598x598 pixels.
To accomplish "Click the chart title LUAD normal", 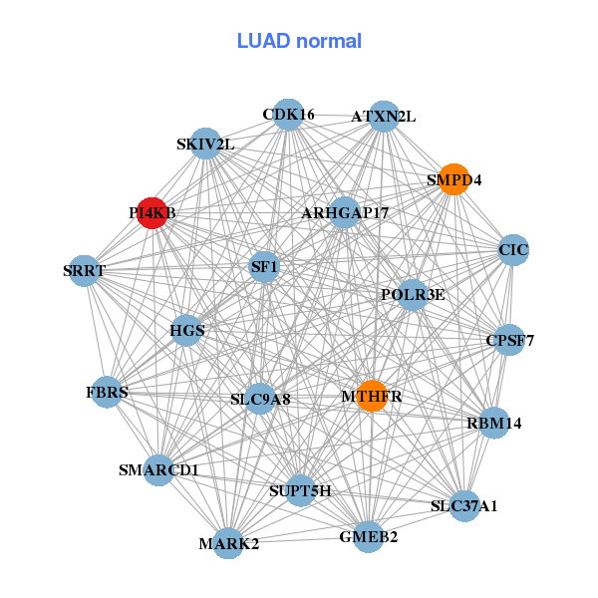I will click(x=299, y=41).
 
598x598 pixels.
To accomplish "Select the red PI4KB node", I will click(x=151, y=212).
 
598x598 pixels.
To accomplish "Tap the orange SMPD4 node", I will click(x=454, y=179).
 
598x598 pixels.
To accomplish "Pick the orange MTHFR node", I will click(x=372, y=396).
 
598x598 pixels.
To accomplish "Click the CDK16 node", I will click(x=288, y=115).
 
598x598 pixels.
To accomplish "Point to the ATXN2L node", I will click(x=384, y=117).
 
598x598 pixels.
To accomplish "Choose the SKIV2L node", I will click(x=205, y=144).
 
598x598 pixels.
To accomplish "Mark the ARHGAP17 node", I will click(x=345, y=212).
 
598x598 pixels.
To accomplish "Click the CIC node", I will click(x=513, y=249).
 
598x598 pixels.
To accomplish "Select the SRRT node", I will click(x=85, y=270).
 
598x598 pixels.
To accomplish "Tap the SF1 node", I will click(x=264, y=266).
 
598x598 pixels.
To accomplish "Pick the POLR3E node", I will click(x=413, y=294).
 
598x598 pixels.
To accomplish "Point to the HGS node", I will click(x=187, y=329).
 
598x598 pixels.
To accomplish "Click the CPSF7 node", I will click(x=509, y=340).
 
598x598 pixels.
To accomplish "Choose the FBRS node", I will click(x=108, y=392).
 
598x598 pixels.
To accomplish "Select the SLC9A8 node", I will click(x=260, y=399).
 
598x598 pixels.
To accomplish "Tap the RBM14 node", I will click(x=493, y=423).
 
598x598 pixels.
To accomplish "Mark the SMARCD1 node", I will click(x=158, y=469).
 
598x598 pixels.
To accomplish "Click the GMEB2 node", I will click(x=368, y=536).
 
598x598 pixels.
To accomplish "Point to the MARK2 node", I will click(x=228, y=543).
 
